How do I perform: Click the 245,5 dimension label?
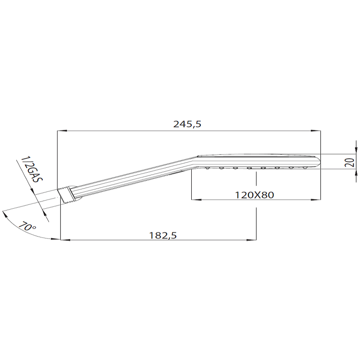click(x=187, y=124)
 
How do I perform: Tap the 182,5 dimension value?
click(x=163, y=235)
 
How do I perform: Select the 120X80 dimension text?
click(x=254, y=195)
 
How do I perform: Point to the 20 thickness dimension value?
click(x=350, y=162)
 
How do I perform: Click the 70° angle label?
click(x=27, y=226)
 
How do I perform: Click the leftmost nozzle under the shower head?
click(x=207, y=169)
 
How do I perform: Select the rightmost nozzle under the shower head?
click(x=305, y=169)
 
